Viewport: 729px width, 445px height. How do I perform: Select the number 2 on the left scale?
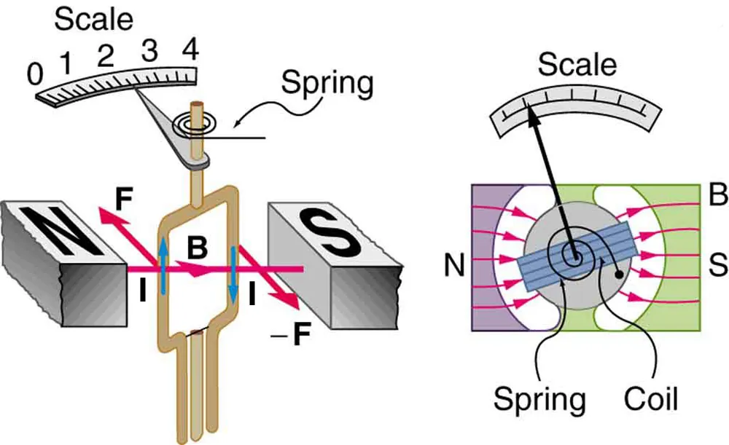point(106,55)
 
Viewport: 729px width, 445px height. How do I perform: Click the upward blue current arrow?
point(163,262)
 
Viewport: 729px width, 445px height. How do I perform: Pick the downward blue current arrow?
point(233,274)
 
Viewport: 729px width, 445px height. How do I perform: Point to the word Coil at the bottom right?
point(651,399)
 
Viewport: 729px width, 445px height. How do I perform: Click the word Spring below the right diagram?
point(540,399)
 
